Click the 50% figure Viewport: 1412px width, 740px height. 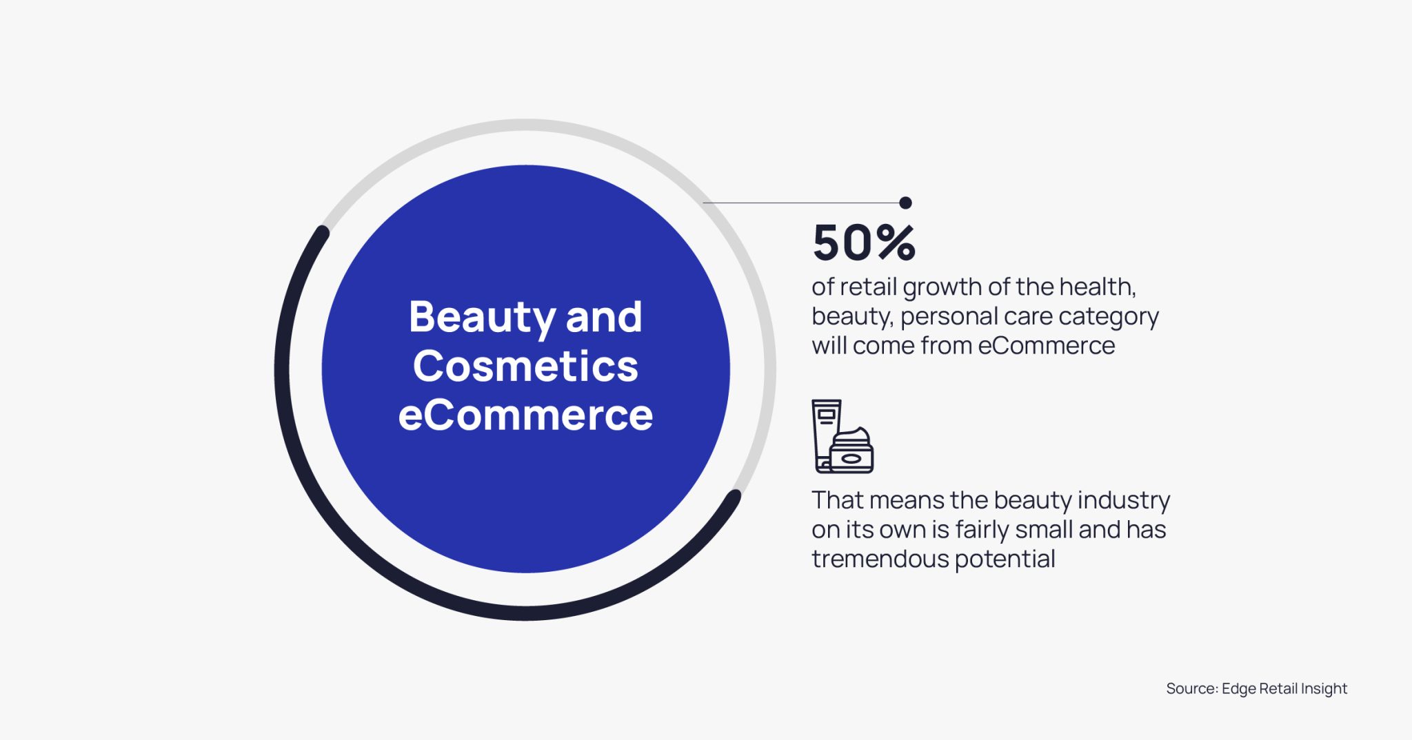(x=863, y=243)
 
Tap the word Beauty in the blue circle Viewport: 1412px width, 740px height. (x=482, y=317)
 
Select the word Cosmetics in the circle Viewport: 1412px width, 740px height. (x=525, y=366)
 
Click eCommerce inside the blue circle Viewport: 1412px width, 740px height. (x=525, y=415)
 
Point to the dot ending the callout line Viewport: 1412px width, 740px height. (x=905, y=203)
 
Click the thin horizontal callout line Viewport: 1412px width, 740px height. (x=800, y=203)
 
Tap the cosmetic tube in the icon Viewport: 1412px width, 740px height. (x=825, y=431)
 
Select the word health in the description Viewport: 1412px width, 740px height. (x=1097, y=287)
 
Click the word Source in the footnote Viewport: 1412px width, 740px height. (x=1191, y=688)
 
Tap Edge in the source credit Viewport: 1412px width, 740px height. (x=1238, y=688)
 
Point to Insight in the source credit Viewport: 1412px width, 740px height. (x=1324, y=688)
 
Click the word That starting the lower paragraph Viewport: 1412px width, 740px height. (x=836, y=500)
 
